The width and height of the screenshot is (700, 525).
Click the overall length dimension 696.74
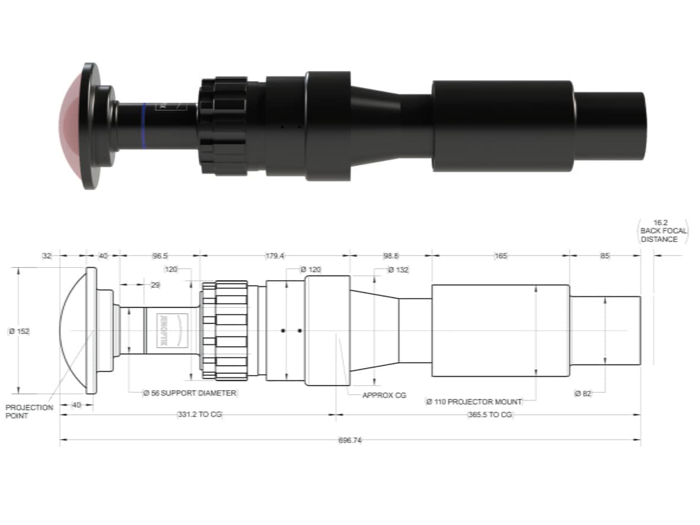click(350, 440)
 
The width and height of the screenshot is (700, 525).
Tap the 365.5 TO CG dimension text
click(490, 415)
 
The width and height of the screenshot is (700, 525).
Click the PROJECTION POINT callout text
click(29, 412)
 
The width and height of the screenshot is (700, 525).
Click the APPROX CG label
click(384, 395)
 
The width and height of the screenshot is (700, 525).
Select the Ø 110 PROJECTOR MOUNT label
click(474, 402)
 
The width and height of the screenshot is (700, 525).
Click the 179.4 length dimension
click(275, 256)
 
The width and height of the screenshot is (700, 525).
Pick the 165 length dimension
click(500, 256)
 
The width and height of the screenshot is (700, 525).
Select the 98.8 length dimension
click(391, 256)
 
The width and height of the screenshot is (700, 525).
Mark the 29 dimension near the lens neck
click(156, 285)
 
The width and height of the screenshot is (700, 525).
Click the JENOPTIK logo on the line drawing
click(164, 331)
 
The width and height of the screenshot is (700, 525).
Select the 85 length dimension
click(605, 256)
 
